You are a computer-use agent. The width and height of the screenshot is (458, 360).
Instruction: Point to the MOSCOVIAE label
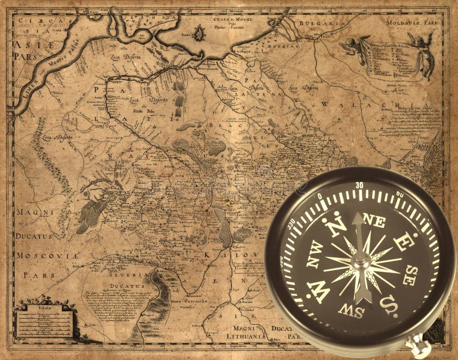(46, 255)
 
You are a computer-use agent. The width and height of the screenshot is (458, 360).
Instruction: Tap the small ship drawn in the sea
(199, 33)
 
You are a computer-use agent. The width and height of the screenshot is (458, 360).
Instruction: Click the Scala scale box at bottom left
(45, 321)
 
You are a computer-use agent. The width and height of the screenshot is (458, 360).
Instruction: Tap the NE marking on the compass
(374, 222)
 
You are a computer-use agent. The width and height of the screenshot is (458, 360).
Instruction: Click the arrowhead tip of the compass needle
(357, 217)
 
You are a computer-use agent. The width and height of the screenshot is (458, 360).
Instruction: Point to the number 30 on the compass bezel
(360, 185)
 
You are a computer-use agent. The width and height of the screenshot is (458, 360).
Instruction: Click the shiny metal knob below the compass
(420, 347)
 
